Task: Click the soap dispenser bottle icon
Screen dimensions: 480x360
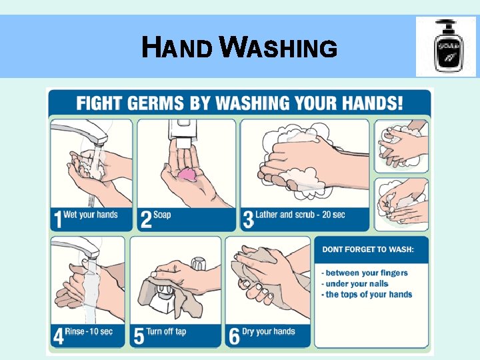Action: coord(449,46)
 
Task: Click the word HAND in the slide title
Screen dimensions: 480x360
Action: coord(177,47)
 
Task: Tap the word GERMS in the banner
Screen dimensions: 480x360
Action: coord(155,103)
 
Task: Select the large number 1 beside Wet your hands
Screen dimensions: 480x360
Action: coord(58,219)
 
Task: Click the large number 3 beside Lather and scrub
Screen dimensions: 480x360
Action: coord(248,219)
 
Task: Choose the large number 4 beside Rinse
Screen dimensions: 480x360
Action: coord(59,336)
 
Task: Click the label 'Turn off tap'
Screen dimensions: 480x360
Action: coord(166,331)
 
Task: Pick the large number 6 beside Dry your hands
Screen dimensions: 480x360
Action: coord(234,336)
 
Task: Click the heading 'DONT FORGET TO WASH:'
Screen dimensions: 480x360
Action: coord(368,249)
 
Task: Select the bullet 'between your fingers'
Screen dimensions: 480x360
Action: coord(365,273)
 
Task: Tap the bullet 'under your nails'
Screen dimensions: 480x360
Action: coord(355,284)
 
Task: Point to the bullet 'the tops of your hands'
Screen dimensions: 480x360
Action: coord(367,295)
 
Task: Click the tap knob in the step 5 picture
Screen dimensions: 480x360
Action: coord(198,263)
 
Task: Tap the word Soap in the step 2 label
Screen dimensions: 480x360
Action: coord(162,215)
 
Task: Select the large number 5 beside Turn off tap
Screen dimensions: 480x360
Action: coord(139,336)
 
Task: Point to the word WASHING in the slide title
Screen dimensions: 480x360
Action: coord(279,47)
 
